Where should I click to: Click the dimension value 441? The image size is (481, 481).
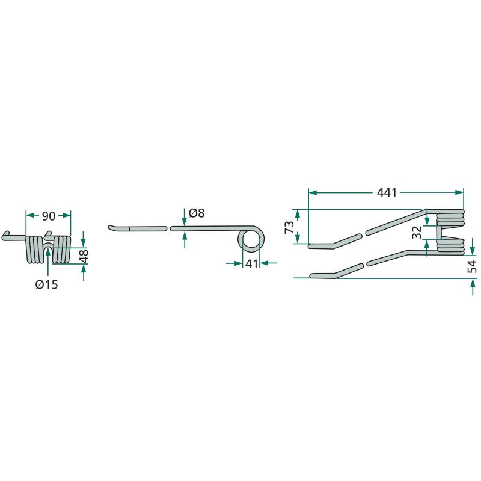[x=387, y=192]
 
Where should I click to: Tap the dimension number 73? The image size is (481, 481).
[x=289, y=227]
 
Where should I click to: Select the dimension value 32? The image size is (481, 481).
[x=417, y=233]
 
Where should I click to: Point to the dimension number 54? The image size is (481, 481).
[x=473, y=266]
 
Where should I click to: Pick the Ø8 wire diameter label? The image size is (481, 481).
[x=197, y=213]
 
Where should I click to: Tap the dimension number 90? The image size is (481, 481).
[x=49, y=216]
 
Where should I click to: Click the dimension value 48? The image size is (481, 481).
[x=84, y=257]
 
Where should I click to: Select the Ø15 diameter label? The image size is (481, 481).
[x=47, y=284]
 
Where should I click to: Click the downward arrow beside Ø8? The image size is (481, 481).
[x=184, y=217]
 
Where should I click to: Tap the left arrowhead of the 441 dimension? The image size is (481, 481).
[x=312, y=192]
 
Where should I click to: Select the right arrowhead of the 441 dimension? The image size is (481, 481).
[x=459, y=192]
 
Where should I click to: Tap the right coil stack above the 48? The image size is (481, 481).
[x=62, y=249]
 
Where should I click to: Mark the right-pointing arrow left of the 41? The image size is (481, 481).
[x=234, y=263]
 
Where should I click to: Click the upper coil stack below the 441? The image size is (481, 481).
[x=450, y=218]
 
